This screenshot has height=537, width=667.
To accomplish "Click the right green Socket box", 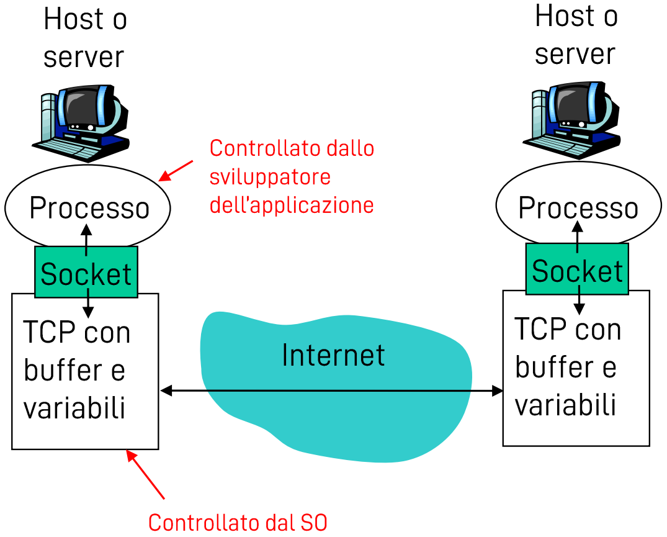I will (x=577, y=270).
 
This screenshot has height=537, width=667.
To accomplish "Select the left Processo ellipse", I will (x=88, y=208).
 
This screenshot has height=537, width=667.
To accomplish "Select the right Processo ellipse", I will (x=578, y=207).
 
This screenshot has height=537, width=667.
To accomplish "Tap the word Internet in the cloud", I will (x=333, y=354).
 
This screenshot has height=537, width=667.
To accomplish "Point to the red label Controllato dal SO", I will (x=238, y=522).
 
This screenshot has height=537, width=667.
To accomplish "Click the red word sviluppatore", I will (x=270, y=177).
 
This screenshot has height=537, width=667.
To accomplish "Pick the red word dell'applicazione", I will (x=292, y=205).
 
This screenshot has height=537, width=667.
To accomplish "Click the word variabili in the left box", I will (x=74, y=408).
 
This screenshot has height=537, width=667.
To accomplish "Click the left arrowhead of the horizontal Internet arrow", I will (x=165, y=390).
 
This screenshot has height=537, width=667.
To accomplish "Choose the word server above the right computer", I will (x=575, y=53).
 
